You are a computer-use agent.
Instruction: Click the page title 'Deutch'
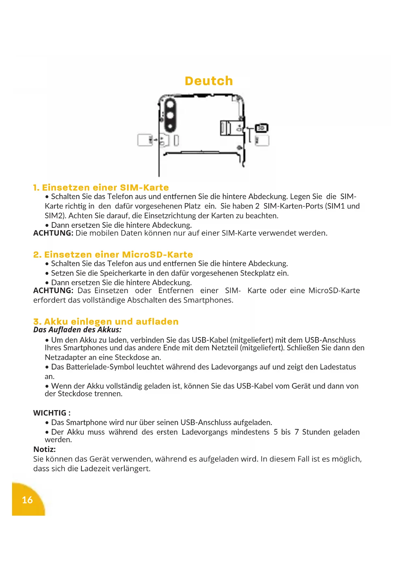click(x=209, y=81)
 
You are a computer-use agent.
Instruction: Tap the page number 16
click(x=27, y=500)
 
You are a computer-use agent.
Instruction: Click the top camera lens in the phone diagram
click(x=170, y=105)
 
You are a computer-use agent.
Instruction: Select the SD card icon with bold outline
click(x=261, y=128)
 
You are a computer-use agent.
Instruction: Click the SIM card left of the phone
click(x=145, y=140)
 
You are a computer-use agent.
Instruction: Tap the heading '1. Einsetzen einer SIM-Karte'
click(x=101, y=188)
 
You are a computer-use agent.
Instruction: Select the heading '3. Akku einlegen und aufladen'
click(x=106, y=321)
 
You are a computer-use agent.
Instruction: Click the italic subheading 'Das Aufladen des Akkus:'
click(x=77, y=330)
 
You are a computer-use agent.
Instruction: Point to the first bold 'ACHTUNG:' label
click(x=53, y=233)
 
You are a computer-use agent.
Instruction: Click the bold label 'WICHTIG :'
click(x=52, y=413)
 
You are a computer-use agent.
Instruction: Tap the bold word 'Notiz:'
click(x=45, y=449)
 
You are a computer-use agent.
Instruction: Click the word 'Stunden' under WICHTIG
click(x=316, y=432)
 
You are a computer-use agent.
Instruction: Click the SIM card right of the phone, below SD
click(x=262, y=141)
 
